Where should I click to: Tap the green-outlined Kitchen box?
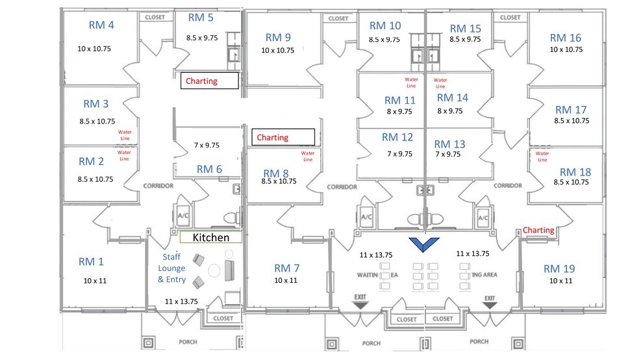click(210, 238)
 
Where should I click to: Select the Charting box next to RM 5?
click(209, 81)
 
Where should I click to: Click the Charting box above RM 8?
click(282, 137)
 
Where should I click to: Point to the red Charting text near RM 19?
click(538, 230)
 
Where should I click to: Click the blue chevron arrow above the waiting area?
click(424, 244)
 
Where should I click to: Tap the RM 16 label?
click(565, 38)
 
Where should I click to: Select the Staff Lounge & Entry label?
click(171, 268)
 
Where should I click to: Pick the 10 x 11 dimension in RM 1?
click(96, 281)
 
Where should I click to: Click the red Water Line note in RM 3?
click(124, 135)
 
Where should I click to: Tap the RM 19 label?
click(560, 268)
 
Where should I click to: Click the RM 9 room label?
click(278, 37)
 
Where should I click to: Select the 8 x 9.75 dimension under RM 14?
click(449, 111)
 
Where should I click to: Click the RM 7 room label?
click(286, 268)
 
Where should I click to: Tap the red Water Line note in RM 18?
click(542, 156)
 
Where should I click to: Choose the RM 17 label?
click(571, 110)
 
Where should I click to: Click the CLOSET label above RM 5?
click(155, 18)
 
